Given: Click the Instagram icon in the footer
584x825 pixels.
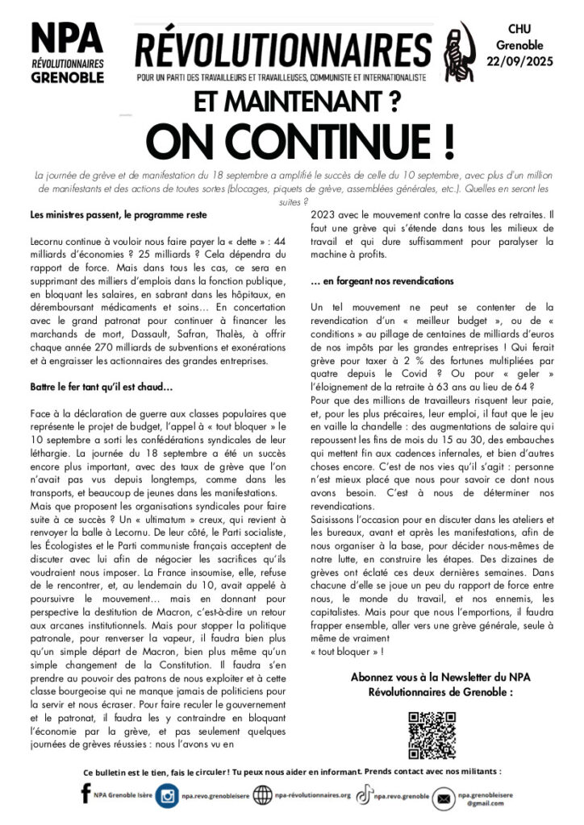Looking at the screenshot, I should [168, 796].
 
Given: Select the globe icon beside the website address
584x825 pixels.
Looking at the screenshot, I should [262, 796].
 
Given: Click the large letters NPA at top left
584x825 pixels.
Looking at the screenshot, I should [67, 37].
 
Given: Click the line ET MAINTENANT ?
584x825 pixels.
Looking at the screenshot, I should [291, 101].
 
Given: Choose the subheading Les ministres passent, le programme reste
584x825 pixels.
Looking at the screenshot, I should [118, 215].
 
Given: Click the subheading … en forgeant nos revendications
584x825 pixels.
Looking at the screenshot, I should [382, 281].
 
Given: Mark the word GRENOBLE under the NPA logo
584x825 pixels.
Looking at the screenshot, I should [67, 77].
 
